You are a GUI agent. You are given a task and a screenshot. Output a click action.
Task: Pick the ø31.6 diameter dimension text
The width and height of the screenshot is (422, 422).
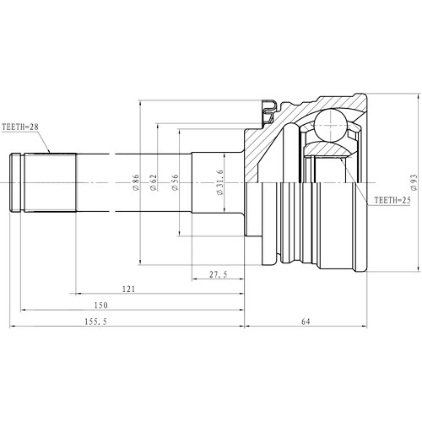pyautogui.click(x=219, y=183)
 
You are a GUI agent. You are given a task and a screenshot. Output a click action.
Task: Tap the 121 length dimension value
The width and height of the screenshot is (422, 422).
pyautogui.click(x=128, y=289)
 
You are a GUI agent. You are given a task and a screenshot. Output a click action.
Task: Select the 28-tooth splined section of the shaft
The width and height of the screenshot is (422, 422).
pyautogui.click(x=51, y=182)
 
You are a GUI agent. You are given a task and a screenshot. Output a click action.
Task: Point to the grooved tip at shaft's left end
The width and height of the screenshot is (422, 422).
pyautogui.click(x=15, y=182)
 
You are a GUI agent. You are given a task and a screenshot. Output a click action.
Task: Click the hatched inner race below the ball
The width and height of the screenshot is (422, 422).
pyautogui.click(x=331, y=150)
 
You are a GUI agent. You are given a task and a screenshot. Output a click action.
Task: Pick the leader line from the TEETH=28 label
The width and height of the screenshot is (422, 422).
pyautogui.click(x=46, y=141)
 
